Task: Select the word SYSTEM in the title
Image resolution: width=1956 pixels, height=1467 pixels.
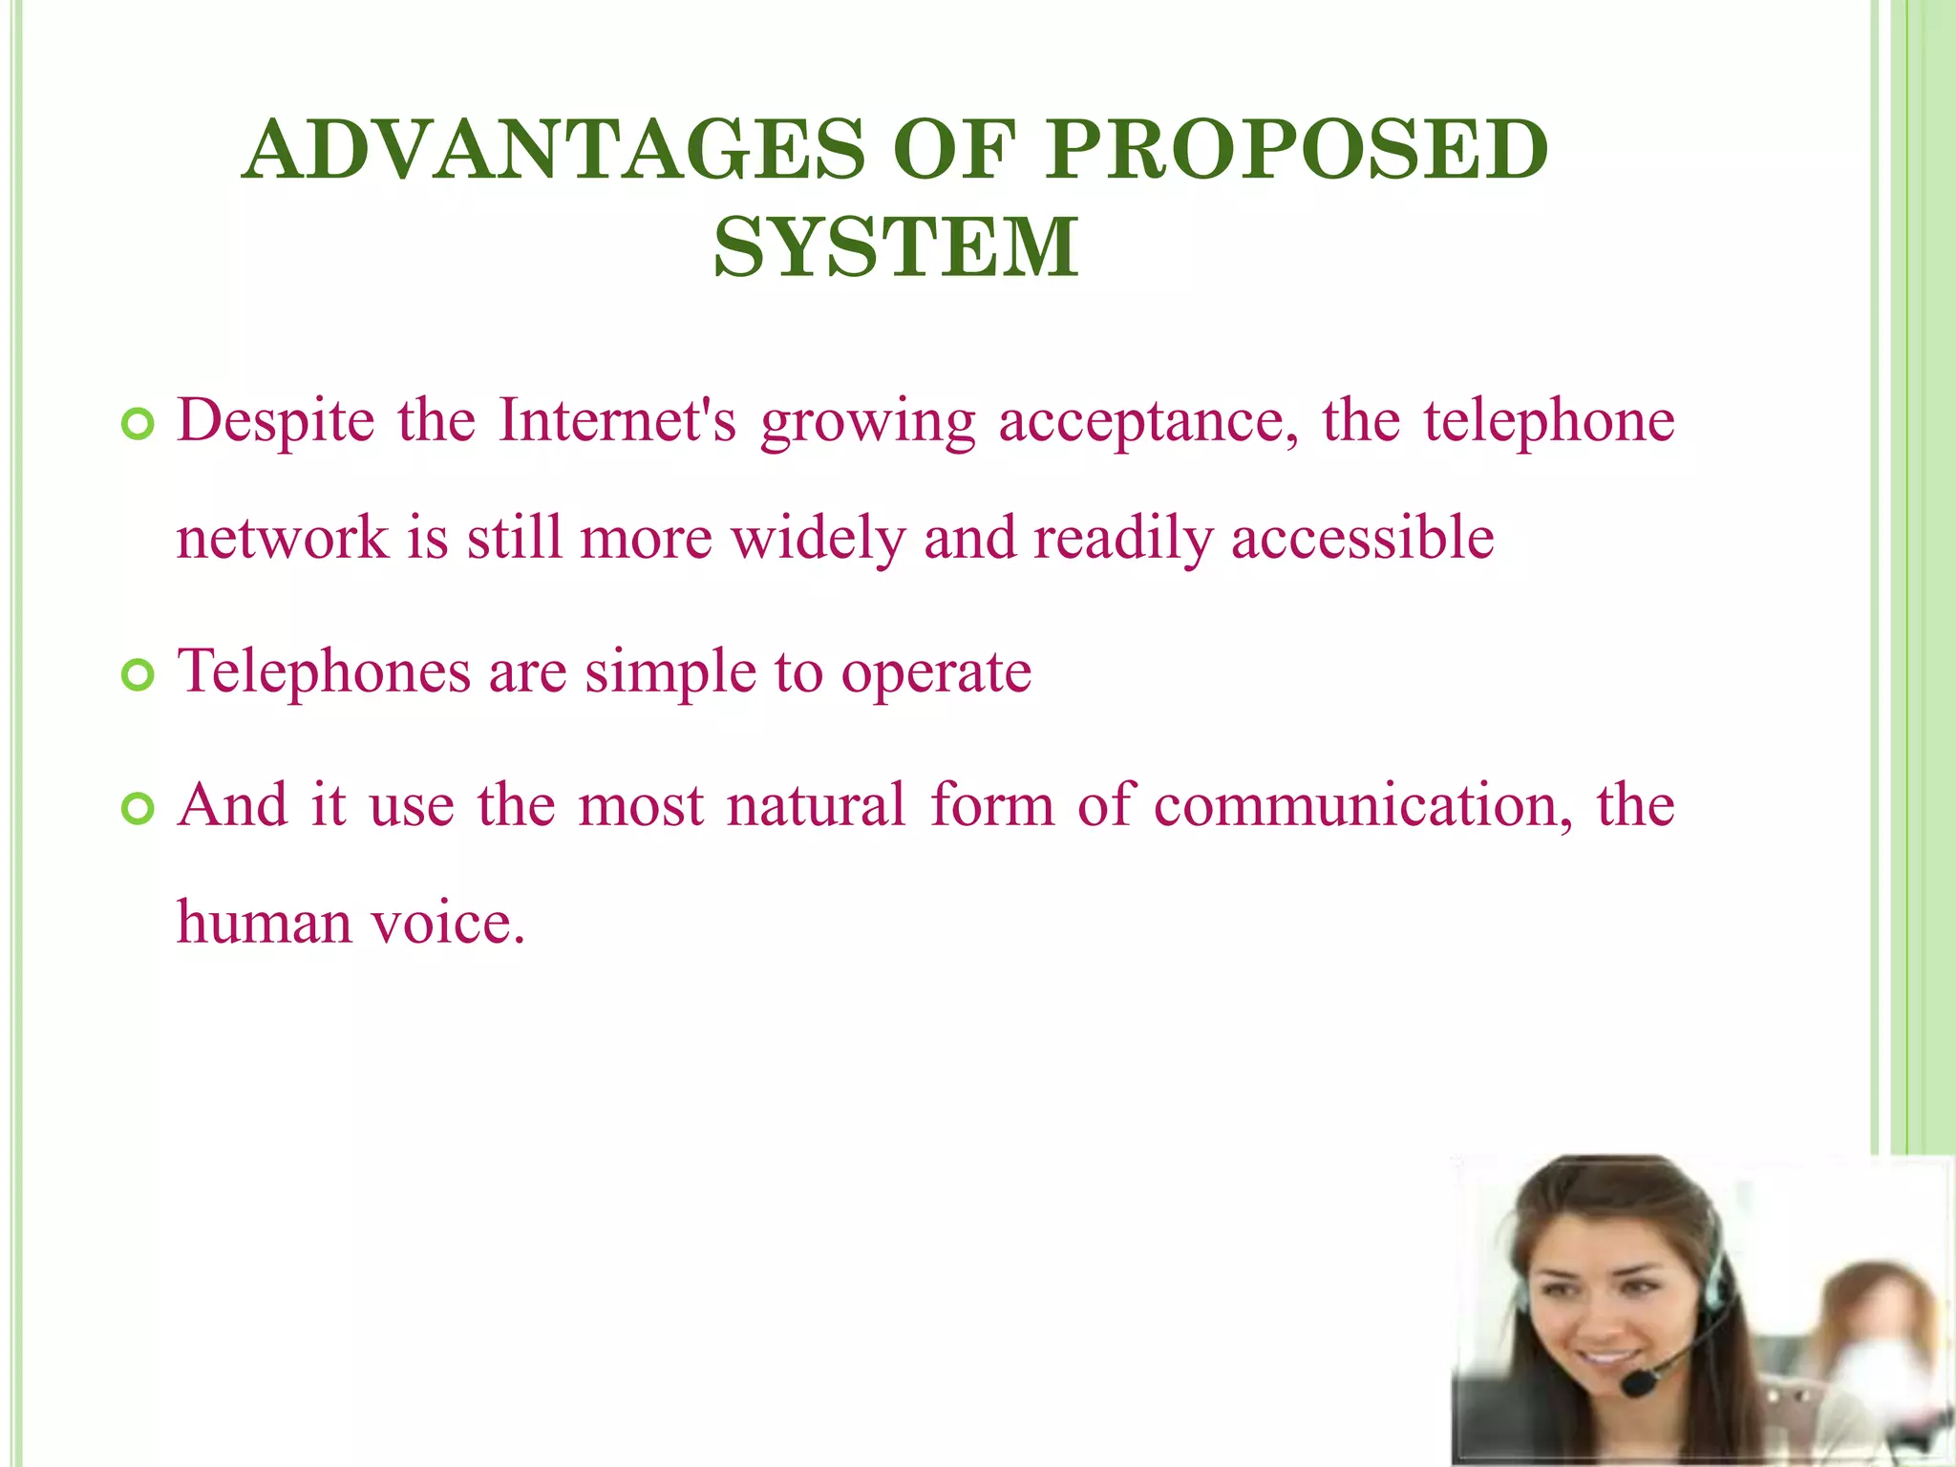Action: click(896, 247)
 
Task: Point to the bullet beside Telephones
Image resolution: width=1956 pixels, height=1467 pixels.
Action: click(138, 676)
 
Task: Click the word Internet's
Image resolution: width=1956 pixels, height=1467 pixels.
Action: click(618, 420)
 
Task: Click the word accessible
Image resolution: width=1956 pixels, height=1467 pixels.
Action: click(1362, 538)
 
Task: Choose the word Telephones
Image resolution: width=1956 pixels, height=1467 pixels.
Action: click(325, 672)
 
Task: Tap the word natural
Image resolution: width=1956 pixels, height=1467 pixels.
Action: click(816, 805)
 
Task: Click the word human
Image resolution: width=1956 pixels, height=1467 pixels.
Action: click(264, 923)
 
